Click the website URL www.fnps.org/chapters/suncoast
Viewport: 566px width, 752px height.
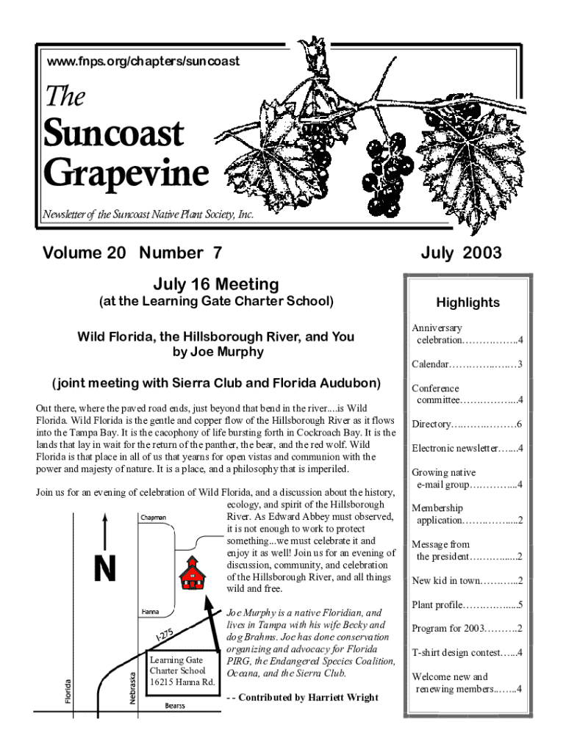pyautogui.click(x=143, y=62)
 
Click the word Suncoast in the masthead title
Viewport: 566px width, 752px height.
pyautogui.click(x=115, y=134)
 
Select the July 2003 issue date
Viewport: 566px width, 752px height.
pyautogui.click(x=461, y=253)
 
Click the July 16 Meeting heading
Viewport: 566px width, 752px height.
pyautogui.click(x=215, y=284)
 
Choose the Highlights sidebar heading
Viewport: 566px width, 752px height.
pyautogui.click(x=468, y=303)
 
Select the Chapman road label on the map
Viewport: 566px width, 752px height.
pyautogui.click(x=154, y=518)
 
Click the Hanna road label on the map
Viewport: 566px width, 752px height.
pyautogui.click(x=150, y=611)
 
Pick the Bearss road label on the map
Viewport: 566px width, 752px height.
pyautogui.click(x=174, y=706)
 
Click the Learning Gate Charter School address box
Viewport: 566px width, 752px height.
pyautogui.click(x=182, y=671)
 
